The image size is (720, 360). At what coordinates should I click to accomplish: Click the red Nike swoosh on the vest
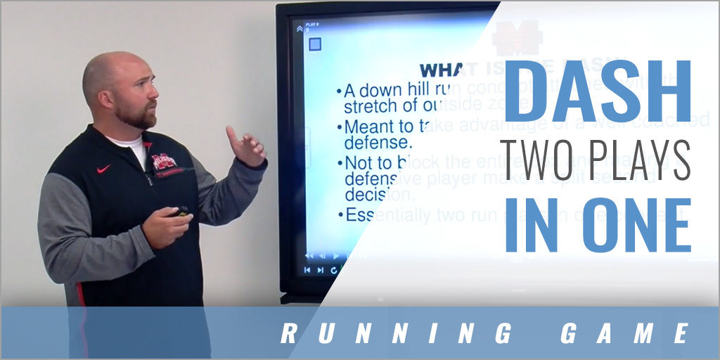click(103, 169)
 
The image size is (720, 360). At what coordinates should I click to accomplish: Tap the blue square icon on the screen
click(315, 44)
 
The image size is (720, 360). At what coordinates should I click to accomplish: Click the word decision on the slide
click(370, 193)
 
